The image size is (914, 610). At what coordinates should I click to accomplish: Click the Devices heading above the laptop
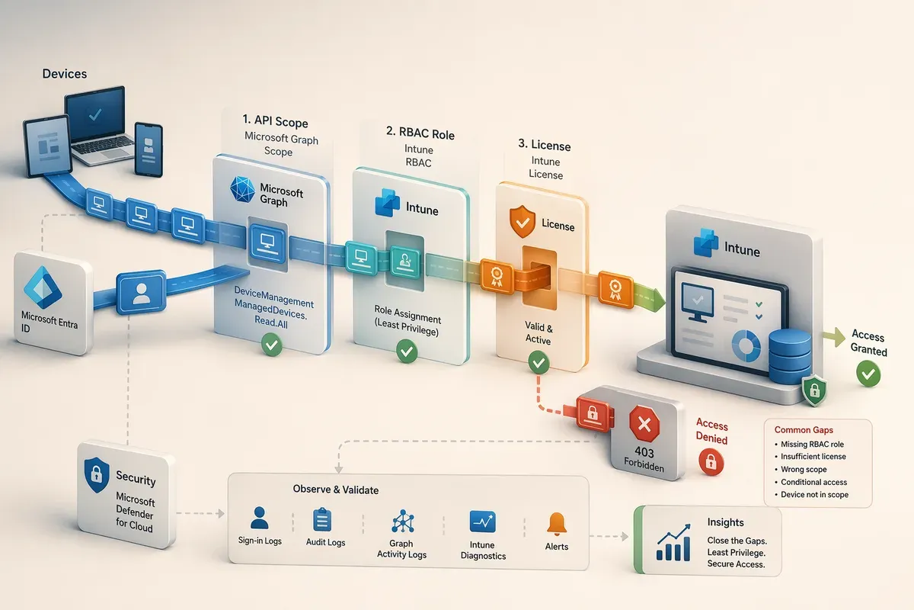tap(65, 73)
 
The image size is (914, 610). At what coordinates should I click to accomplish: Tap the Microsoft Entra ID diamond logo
tap(43, 287)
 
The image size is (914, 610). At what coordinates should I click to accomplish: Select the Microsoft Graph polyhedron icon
tap(242, 190)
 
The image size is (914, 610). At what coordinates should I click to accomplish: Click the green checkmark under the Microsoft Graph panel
tap(272, 345)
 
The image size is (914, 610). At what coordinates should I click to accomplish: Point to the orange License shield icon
tap(523, 221)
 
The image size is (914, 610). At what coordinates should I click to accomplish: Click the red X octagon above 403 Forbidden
tap(644, 424)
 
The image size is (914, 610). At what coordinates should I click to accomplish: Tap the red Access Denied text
tap(711, 432)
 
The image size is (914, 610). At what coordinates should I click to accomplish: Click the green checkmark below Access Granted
tap(868, 374)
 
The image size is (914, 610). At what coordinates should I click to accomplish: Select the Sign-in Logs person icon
tap(259, 518)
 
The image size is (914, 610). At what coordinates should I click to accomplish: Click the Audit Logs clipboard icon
tap(322, 520)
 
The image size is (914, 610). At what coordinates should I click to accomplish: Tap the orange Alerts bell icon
tap(557, 524)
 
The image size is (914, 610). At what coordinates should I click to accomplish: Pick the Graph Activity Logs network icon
tap(403, 521)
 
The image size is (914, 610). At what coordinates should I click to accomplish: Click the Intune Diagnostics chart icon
tap(483, 522)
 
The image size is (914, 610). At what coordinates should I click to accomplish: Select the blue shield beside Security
tap(97, 475)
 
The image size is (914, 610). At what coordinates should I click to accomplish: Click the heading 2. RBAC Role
tap(420, 133)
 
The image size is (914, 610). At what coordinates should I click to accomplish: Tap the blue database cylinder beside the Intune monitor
tap(790, 356)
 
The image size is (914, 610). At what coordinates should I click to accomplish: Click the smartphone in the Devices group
tap(149, 149)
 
